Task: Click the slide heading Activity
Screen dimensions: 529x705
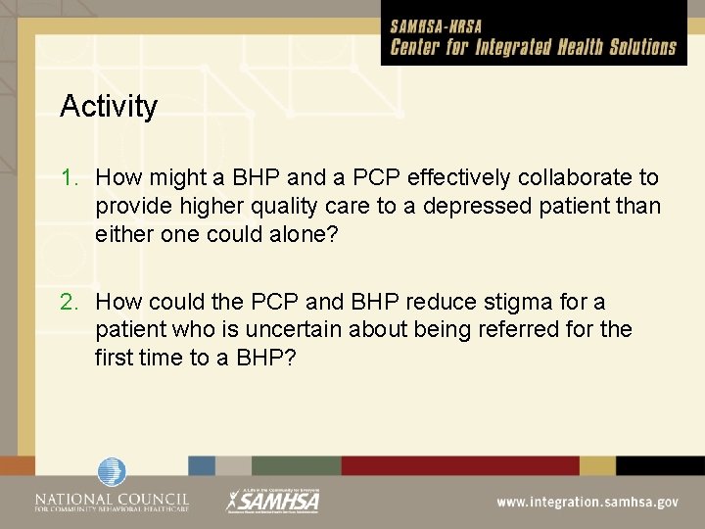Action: (x=108, y=106)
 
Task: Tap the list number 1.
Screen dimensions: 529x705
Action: (x=68, y=178)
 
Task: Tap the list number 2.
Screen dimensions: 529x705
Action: (x=68, y=303)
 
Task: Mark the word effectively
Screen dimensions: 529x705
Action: (x=456, y=178)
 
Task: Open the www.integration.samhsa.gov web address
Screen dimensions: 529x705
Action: (x=587, y=502)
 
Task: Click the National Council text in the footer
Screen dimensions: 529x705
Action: (x=112, y=500)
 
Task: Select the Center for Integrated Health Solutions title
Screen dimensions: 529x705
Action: (x=533, y=47)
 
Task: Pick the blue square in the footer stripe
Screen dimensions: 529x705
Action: (x=202, y=466)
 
